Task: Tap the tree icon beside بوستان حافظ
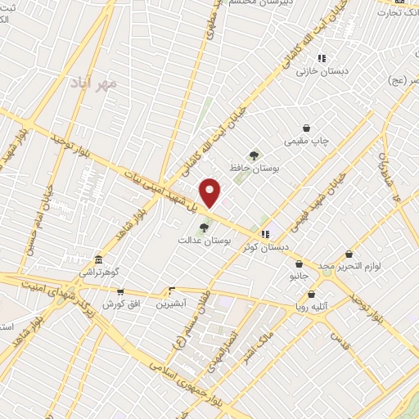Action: click(x=255, y=154)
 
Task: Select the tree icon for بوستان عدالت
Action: click(x=204, y=228)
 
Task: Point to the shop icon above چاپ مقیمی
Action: click(x=307, y=128)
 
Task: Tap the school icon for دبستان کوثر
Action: click(x=287, y=233)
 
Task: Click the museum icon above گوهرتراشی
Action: click(x=97, y=259)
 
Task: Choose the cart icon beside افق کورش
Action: click(x=121, y=291)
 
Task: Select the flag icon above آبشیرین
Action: click(x=171, y=290)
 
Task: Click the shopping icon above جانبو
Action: click(x=300, y=264)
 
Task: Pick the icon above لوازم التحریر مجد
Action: click(x=349, y=255)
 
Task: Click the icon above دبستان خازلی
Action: click(x=322, y=58)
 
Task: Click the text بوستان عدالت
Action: click(x=205, y=241)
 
